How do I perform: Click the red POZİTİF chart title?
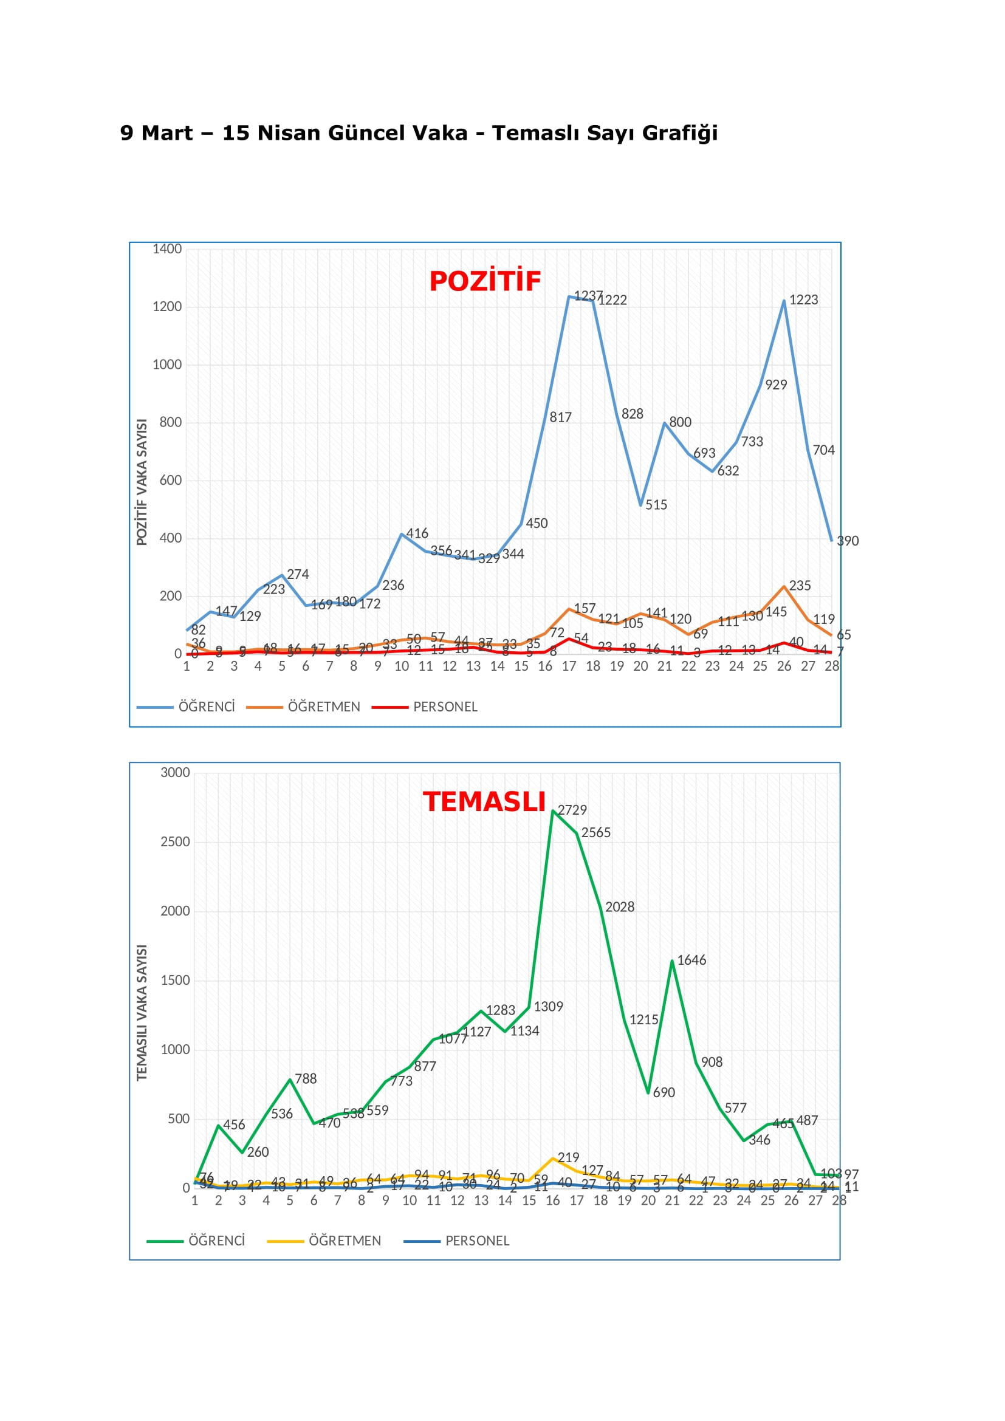pyautogui.click(x=484, y=282)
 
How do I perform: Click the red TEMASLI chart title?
pyautogui.click(x=484, y=802)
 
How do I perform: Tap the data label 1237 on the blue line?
pyautogui.click(x=588, y=296)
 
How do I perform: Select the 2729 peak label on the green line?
pyautogui.click(x=572, y=810)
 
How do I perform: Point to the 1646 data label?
pyautogui.click(x=691, y=960)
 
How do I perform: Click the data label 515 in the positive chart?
pyautogui.click(x=656, y=505)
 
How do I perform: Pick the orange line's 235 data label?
pyautogui.click(x=800, y=586)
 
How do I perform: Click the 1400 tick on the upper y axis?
pyautogui.click(x=167, y=250)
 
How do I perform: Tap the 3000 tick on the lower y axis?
pyautogui.click(x=175, y=772)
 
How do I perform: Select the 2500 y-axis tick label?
pyautogui.click(x=175, y=841)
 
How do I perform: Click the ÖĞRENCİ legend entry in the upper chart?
pyautogui.click(x=206, y=707)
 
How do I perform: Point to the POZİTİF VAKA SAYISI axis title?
pyautogui.click(x=142, y=482)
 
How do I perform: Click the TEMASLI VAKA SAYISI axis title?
pyautogui.click(x=142, y=1013)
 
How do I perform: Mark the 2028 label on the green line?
pyautogui.click(x=619, y=907)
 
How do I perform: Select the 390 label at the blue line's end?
pyautogui.click(x=847, y=541)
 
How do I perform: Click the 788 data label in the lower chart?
pyautogui.click(x=306, y=1079)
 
